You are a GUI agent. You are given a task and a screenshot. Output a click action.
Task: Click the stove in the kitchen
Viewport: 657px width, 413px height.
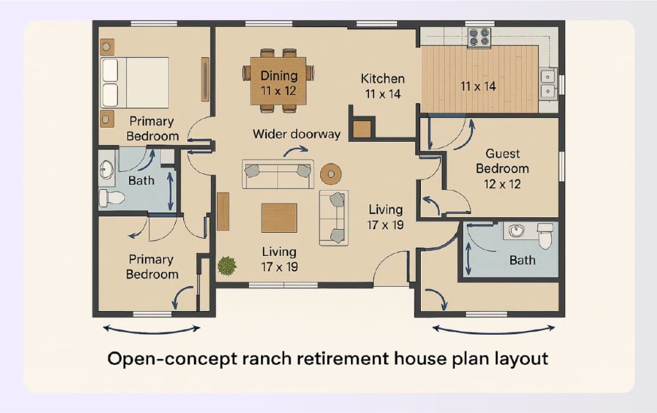tap(478, 37)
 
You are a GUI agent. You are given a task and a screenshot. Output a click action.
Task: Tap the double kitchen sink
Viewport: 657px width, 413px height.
tap(547, 84)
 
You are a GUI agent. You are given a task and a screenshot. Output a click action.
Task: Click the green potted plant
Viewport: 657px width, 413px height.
tap(226, 265)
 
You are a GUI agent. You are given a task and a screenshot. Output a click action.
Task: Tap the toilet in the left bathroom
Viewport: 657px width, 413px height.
tap(111, 198)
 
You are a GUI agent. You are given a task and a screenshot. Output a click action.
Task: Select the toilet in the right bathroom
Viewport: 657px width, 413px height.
tap(545, 237)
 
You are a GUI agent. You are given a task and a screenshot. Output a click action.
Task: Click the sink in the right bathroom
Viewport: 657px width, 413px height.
tap(515, 231)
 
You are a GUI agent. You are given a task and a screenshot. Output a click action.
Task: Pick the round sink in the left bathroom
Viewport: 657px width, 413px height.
tap(107, 170)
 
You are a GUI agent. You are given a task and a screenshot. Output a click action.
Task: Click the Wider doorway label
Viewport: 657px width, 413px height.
tap(296, 134)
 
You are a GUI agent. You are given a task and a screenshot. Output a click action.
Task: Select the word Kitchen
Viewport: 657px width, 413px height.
tap(382, 79)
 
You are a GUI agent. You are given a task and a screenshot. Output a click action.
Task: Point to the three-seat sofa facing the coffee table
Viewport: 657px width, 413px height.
tap(278, 174)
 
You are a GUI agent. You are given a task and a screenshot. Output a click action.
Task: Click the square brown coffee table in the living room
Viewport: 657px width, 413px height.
tap(279, 217)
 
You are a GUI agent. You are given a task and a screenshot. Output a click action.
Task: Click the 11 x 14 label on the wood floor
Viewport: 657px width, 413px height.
tap(478, 85)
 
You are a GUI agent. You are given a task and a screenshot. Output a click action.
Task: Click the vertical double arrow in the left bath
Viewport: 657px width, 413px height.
tap(170, 190)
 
